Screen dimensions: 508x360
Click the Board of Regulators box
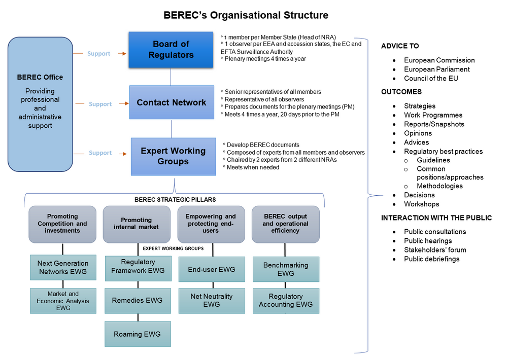171,50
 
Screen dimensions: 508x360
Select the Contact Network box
172,102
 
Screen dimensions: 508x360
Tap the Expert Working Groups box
174,156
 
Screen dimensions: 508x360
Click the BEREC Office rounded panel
40,104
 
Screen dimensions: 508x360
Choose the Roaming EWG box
138,334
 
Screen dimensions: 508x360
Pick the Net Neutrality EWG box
212,301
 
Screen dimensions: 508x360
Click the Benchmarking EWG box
286,269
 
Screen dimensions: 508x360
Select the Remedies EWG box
138,301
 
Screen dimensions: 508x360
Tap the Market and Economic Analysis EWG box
63,301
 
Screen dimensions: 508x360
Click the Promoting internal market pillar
137,224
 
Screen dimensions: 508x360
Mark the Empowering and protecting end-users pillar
211,224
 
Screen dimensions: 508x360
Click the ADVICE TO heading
400,46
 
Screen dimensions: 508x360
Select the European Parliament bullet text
436,69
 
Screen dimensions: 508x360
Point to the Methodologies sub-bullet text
439,186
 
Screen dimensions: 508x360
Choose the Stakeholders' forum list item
435,250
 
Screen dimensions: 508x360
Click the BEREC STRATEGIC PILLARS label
175,200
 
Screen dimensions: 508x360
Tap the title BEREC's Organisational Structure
246,15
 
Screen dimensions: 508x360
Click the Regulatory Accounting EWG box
286,301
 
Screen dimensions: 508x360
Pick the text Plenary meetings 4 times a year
265,59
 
